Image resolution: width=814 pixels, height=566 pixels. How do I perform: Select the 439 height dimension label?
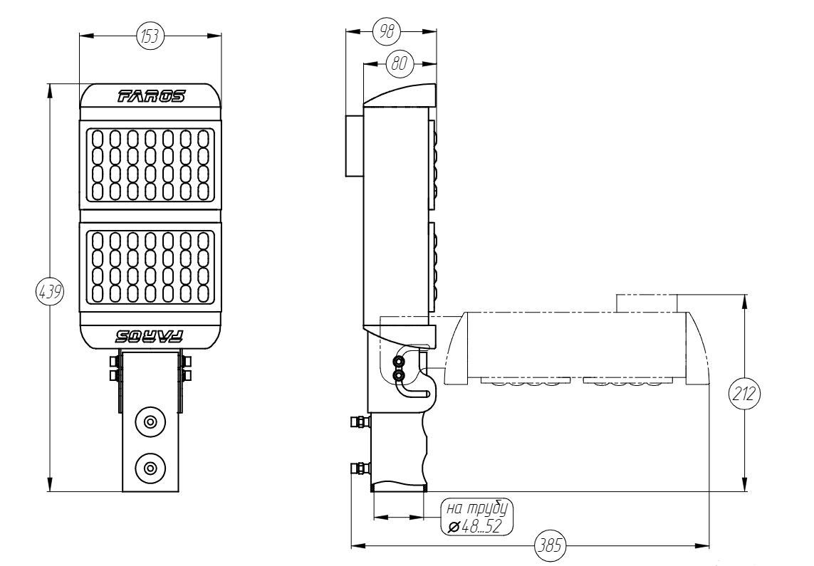(x=49, y=292)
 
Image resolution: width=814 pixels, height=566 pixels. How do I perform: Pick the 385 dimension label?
(x=550, y=546)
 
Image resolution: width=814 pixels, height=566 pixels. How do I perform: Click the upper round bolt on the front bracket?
(x=150, y=421)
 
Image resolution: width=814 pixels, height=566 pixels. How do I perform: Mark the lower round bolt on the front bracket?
(x=150, y=468)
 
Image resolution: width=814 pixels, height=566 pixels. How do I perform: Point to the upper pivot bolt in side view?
(x=398, y=362)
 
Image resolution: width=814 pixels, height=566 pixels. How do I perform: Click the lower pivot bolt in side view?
(x=398, y=374)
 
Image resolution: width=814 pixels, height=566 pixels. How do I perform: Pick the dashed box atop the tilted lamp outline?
(x=645, y=303)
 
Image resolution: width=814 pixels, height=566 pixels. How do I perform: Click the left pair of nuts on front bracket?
(x=113, y=367)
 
